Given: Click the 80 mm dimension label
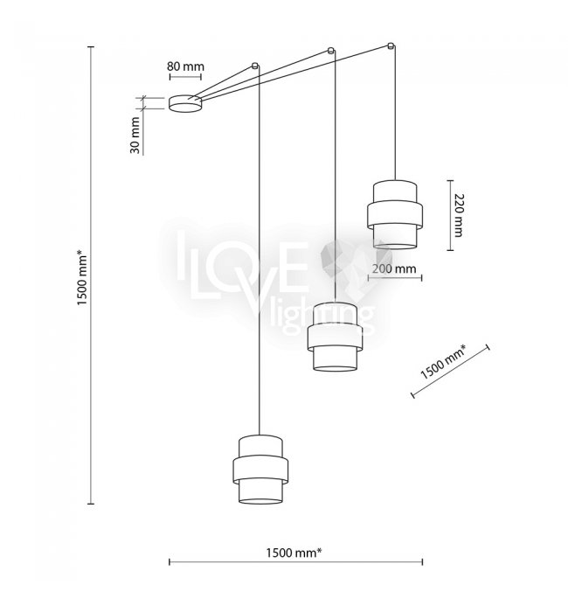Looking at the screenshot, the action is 185,66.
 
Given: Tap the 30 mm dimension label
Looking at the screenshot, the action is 135,136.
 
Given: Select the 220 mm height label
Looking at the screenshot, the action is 458,215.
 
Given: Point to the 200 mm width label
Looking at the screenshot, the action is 394,268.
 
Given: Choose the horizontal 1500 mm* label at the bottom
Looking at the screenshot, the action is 294,553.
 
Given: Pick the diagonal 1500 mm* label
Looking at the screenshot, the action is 442,363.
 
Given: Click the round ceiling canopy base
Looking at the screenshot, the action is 185,104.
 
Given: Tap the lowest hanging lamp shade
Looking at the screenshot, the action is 260,470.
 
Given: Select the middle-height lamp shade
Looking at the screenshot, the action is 336,337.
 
